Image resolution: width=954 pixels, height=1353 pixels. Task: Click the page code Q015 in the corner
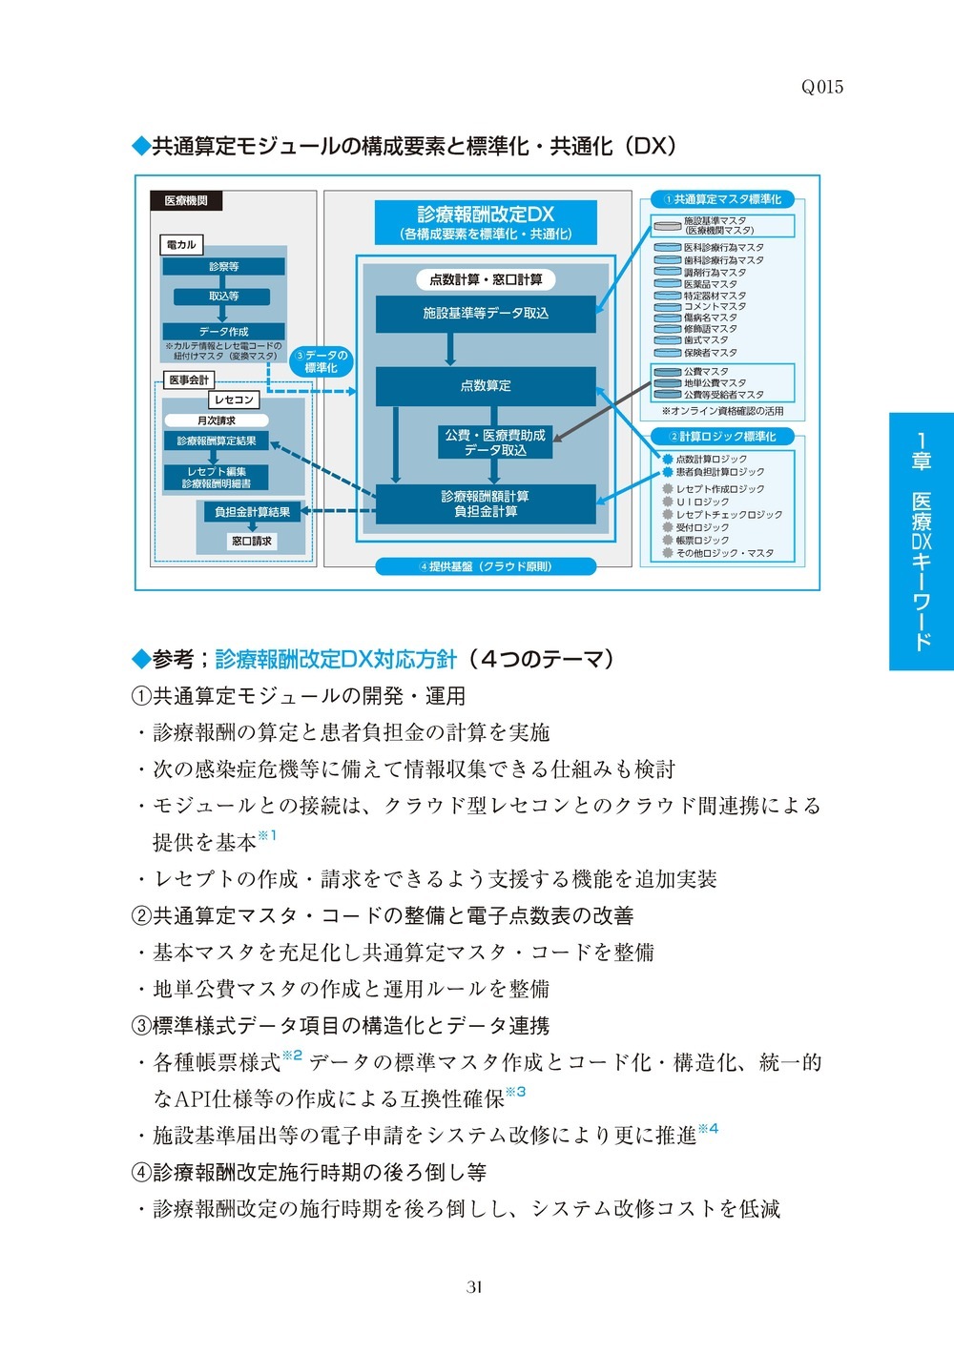[821, 87]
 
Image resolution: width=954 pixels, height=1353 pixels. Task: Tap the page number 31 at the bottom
[474, 1286]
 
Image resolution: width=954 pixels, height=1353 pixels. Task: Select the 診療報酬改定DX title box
[486, 222]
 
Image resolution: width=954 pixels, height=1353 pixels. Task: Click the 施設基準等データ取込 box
[486, 313]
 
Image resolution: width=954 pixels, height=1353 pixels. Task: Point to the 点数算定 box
[486, 386]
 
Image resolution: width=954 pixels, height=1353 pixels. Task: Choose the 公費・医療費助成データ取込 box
[495, 442]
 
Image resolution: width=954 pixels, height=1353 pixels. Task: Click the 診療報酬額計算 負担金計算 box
[486, 503]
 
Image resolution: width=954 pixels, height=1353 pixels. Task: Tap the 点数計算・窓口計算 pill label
[486, 279]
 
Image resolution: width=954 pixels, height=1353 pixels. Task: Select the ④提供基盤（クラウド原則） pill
[486, 566]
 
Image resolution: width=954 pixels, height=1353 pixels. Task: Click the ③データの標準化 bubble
[321, 361]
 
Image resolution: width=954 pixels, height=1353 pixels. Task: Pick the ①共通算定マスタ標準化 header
[722, 199]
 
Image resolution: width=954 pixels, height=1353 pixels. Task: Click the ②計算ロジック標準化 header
[722, 437]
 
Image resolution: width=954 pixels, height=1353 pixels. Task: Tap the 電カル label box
[180, 245]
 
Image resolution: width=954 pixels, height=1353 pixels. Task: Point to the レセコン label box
[233, 400]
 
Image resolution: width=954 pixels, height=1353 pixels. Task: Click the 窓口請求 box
[252, 541]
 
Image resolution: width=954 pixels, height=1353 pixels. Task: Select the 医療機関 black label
[186, 201]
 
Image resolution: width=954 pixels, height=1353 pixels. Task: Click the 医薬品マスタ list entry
[710, 283]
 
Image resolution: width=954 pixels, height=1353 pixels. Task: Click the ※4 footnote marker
[708, 1130]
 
